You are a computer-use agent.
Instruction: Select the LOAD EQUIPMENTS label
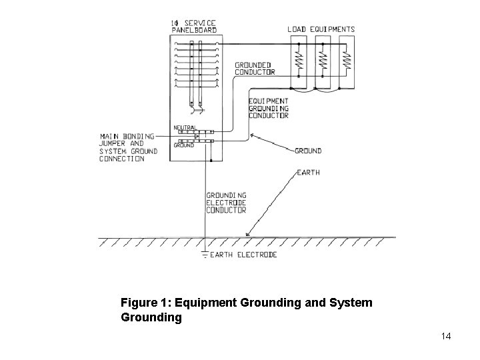pyautogui.click(x=321, y=29)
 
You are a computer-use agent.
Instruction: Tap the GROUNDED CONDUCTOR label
pyautogui.click(x=255, y=69)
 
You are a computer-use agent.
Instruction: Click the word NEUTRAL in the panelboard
pyautogui.click(x=185, y=127)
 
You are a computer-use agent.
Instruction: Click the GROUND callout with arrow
pyautogui.click(x=308, y=151)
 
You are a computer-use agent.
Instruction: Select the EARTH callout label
pyautogui.click(x=307, y=172)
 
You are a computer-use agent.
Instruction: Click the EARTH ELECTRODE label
pyautogui.click(x=243, y=255)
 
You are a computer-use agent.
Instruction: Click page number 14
pyautogui.click(x=446, y=336)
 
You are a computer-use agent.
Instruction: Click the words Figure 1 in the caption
pyautogui.click(x=141, y=303)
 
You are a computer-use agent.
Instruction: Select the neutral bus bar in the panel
pyautogui.click(x=193, y=133)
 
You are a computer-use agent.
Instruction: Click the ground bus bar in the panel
pyautogui.click(x=193, y=141)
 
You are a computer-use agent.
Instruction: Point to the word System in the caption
pyautogui.click(x=351, y=303)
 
